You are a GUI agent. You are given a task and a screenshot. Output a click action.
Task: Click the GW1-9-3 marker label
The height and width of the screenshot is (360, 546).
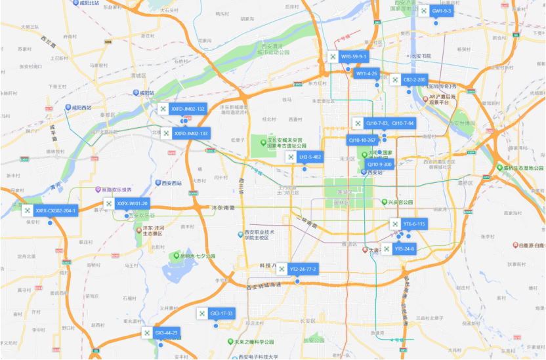coord(442,11)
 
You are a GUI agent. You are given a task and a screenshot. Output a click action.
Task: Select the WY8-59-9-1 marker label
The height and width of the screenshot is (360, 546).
coord(354,57)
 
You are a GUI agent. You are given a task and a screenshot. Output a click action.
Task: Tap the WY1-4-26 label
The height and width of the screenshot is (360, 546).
coord(367,73)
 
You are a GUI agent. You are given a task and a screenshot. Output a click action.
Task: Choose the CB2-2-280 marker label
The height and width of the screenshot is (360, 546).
coord(414,80)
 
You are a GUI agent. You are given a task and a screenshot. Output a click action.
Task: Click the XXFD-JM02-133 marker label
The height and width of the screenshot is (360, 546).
coord(190,133)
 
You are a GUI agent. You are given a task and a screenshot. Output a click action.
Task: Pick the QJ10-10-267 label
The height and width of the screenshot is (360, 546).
coord(362,140)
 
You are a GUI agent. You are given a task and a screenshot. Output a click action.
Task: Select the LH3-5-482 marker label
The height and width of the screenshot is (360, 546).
coord(310,157)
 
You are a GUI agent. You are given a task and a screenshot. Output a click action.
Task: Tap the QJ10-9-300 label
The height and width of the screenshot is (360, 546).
coord(379,165)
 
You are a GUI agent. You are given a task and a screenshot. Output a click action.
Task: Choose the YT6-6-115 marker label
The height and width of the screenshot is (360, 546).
coord(414,224)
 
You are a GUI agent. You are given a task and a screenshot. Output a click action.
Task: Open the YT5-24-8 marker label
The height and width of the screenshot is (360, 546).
coord(404,249)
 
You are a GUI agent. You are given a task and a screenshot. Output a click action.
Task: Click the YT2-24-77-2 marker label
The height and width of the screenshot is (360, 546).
coord(303,270)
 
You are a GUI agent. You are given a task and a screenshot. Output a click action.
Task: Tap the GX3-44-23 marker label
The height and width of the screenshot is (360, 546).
coord(166,333)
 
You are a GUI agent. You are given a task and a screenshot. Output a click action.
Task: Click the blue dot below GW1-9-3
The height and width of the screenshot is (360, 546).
coord(435,22)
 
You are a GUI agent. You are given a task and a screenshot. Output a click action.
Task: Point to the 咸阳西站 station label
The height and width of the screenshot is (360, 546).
coord(81,108)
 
